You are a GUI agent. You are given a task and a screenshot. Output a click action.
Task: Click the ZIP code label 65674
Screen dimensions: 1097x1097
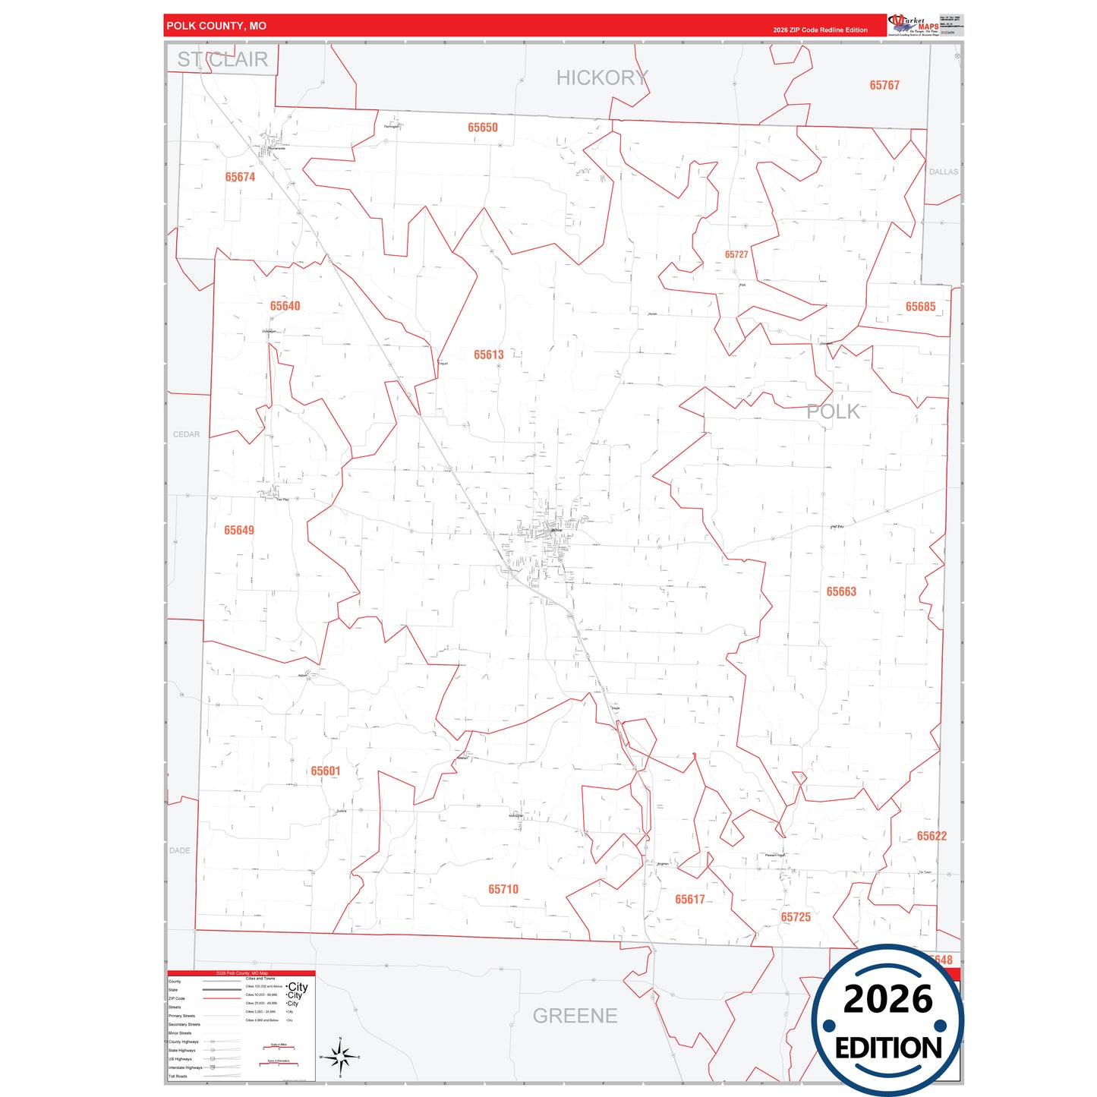pos(240,177)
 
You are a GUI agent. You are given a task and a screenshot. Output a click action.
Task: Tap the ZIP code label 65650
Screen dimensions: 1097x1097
pos(483,128)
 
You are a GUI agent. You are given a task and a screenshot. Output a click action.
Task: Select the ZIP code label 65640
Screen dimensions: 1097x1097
pos(285,306)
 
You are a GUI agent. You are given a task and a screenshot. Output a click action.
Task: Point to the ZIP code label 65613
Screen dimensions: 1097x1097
pos(489,355)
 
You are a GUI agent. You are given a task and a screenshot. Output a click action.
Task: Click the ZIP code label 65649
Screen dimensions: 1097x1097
pos(239,530)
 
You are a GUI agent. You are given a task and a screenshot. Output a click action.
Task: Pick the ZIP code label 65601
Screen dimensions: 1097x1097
pos(326,771)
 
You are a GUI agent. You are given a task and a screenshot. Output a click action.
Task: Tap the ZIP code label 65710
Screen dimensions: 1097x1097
pos(503,889)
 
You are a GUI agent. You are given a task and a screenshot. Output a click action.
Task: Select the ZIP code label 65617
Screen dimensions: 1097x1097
pos(690,899)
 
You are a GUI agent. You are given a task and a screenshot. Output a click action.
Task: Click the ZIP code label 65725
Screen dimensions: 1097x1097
pos(796,917)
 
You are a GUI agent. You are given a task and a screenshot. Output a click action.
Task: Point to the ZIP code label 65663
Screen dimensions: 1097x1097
pos(841,591)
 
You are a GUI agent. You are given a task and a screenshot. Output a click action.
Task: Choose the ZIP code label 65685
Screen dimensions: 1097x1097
pos(920,307)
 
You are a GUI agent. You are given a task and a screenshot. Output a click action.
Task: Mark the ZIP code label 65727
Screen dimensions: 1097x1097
pos(736,254)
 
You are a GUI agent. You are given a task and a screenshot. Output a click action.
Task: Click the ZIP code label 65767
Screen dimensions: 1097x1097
pos(884,85)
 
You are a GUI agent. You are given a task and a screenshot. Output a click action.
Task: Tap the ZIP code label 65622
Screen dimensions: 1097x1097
pos(932,836)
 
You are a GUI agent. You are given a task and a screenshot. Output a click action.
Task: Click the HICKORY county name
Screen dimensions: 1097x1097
pos(602,77)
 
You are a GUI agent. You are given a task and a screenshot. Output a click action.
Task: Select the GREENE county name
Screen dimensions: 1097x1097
pos(575,1016)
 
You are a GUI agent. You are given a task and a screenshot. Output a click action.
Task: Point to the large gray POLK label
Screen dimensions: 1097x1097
pos(833,411)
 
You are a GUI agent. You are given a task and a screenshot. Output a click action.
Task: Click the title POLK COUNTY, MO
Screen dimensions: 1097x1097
pos(216,26)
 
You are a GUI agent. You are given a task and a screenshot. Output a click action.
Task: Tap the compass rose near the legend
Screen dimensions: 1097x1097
pos(340,1056)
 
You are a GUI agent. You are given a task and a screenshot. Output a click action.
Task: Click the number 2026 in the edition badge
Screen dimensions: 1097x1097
pos(887,999)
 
